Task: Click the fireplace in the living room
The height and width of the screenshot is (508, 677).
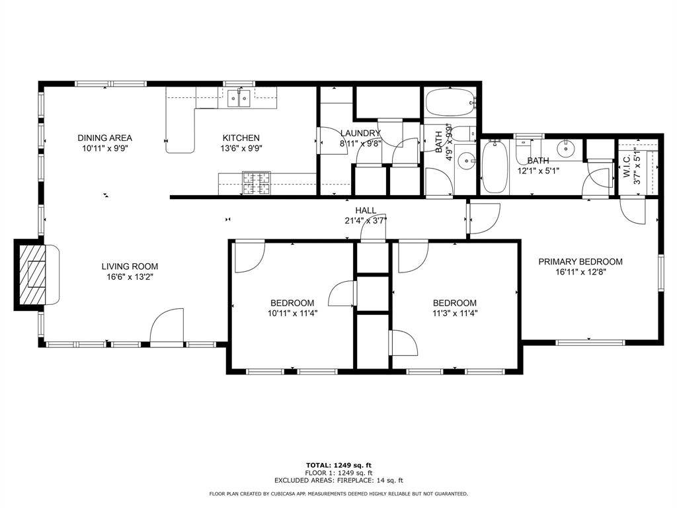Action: (32, 274)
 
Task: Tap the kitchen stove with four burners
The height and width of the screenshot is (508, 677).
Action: (257, 183)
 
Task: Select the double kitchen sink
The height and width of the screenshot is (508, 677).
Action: (239, 99)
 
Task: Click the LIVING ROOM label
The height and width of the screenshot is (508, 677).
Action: (130, 267)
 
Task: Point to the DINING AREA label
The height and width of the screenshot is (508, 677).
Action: (104, 138)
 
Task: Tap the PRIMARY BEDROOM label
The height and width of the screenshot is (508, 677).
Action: (580, 261)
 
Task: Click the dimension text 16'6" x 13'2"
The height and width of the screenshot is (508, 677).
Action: (130, 277)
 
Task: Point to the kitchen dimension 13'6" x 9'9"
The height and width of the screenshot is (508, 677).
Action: (241, 149)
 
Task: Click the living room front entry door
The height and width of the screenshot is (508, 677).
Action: (167, 328)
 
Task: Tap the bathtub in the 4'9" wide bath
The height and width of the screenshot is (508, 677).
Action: (450, 103)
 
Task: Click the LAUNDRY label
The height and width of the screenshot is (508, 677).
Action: (360, 133)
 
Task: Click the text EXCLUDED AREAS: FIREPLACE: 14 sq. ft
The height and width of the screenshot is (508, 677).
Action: (338, 481)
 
